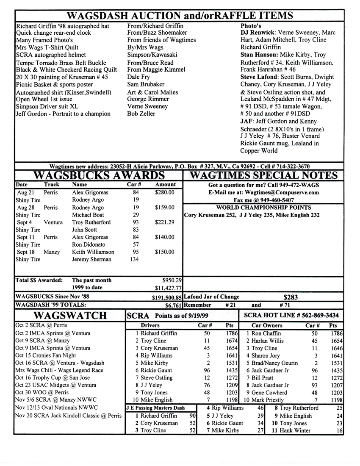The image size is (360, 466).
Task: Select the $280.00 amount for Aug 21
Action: coord(165,192)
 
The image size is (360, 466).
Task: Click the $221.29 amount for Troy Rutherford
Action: coord(165,222)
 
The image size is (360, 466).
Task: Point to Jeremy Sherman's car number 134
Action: coord(133,259)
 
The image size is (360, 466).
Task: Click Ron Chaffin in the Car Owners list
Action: coord(265,333)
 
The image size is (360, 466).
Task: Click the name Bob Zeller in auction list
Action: coord(141,114)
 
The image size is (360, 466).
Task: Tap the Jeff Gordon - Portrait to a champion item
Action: coord(63,114)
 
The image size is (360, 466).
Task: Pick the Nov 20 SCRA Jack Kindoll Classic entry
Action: coord(68,416)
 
